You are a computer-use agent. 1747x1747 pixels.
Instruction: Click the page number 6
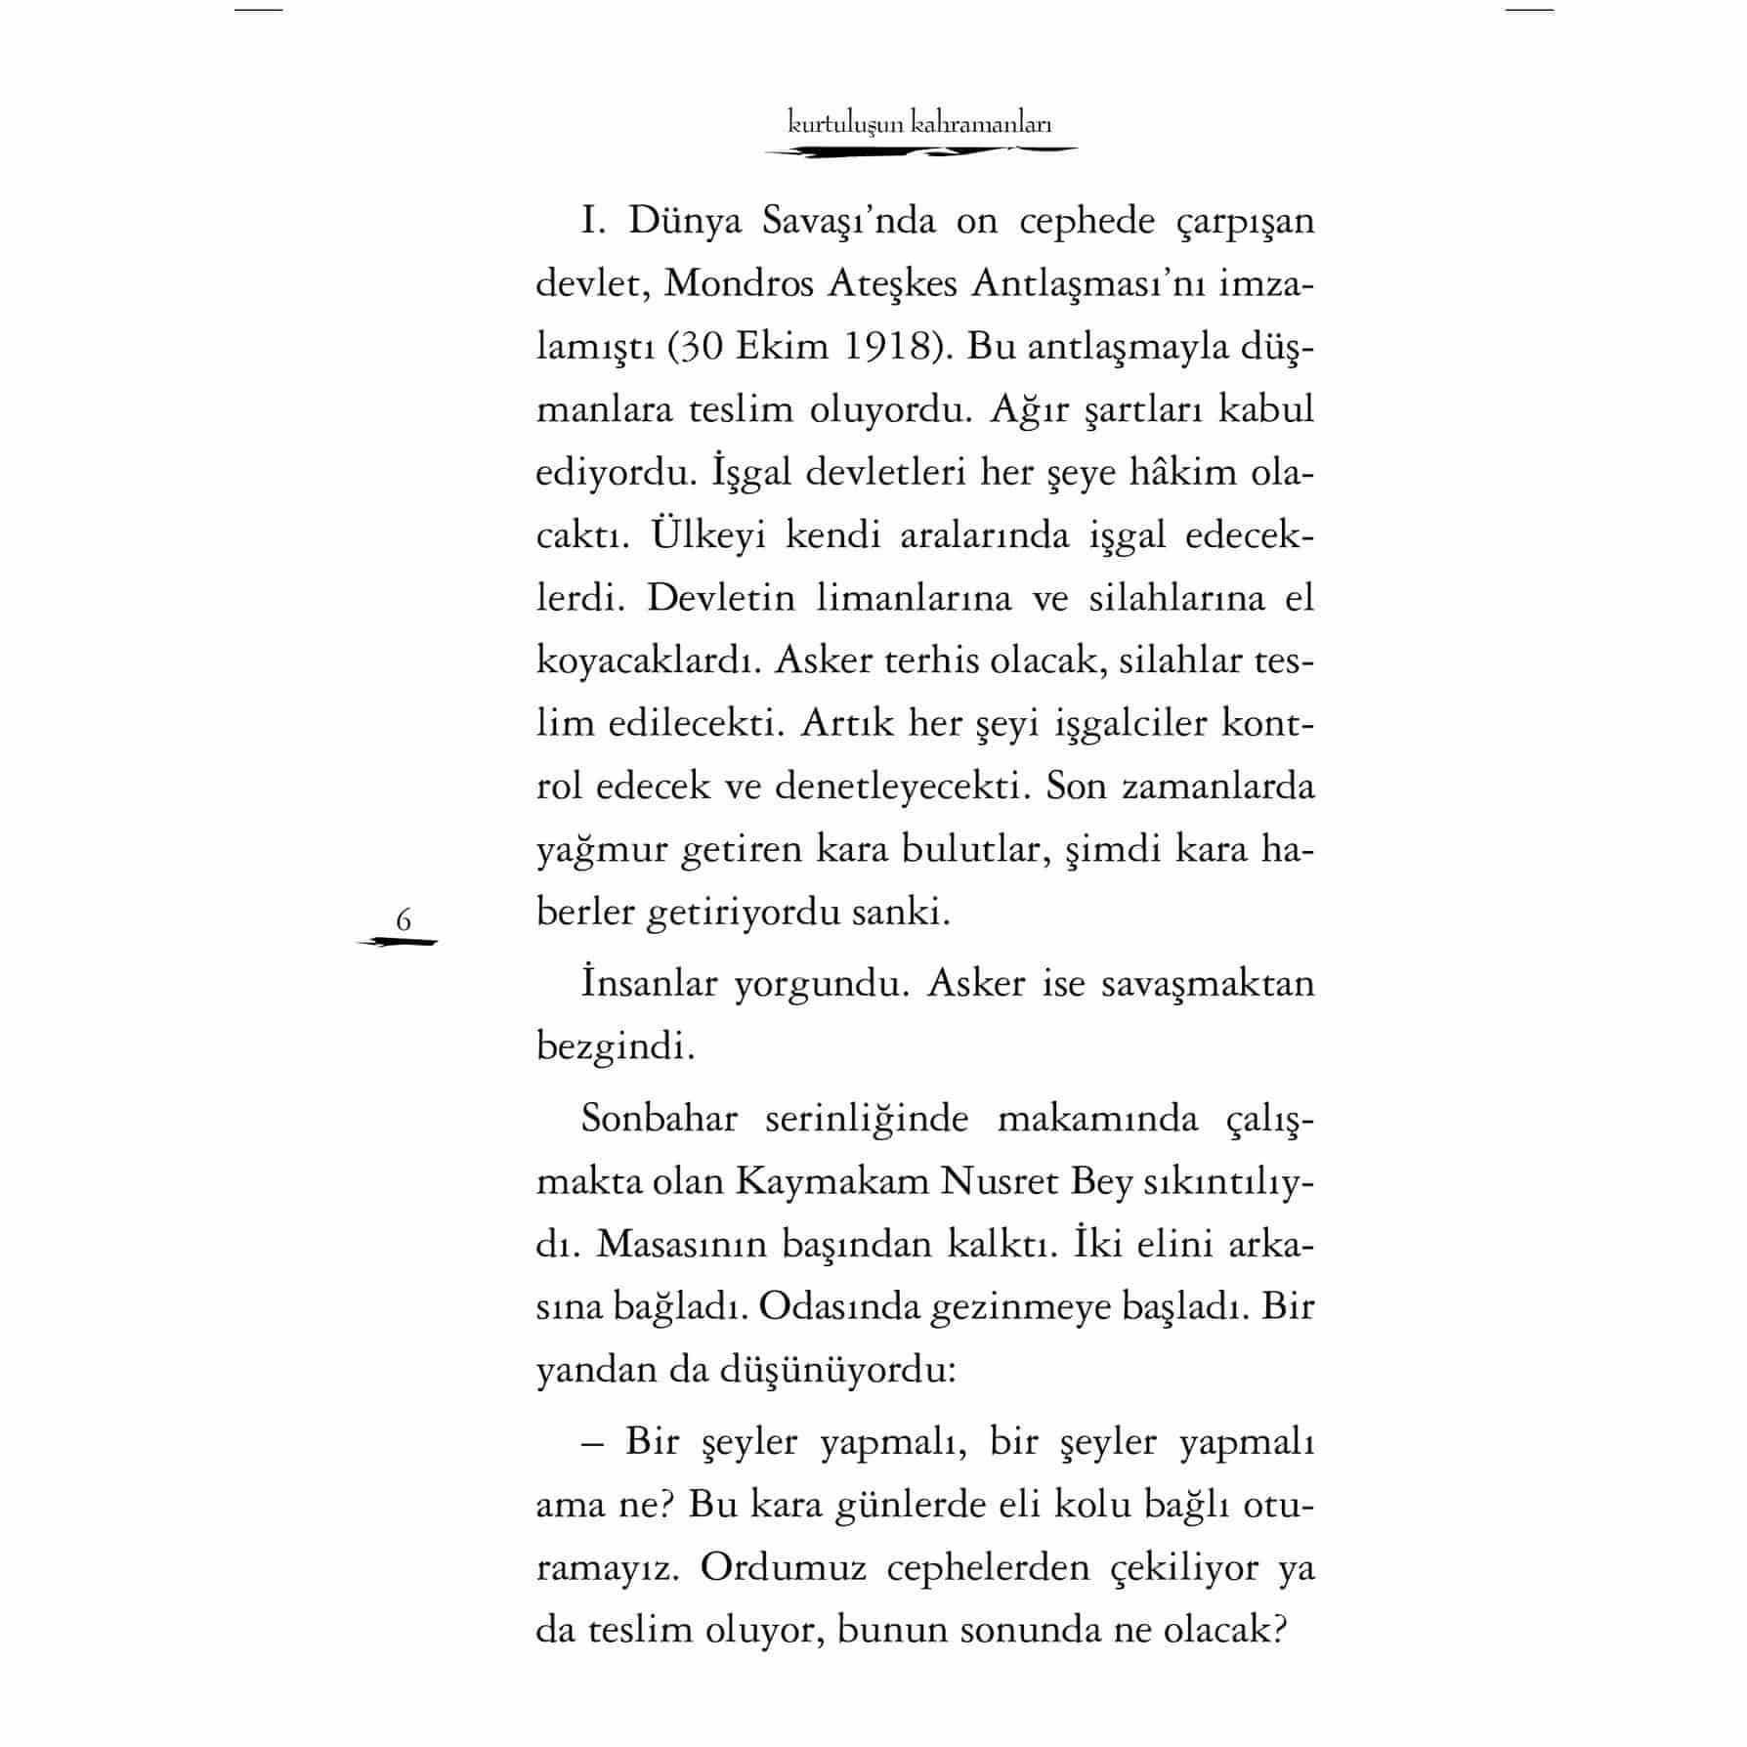(x=403, y=919)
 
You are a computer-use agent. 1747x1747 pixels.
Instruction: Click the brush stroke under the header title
(x=920, y=151)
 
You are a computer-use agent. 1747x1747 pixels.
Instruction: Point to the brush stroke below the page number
(x=398, y=942)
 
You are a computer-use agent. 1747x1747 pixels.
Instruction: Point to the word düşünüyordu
(x=835, y=1371)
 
